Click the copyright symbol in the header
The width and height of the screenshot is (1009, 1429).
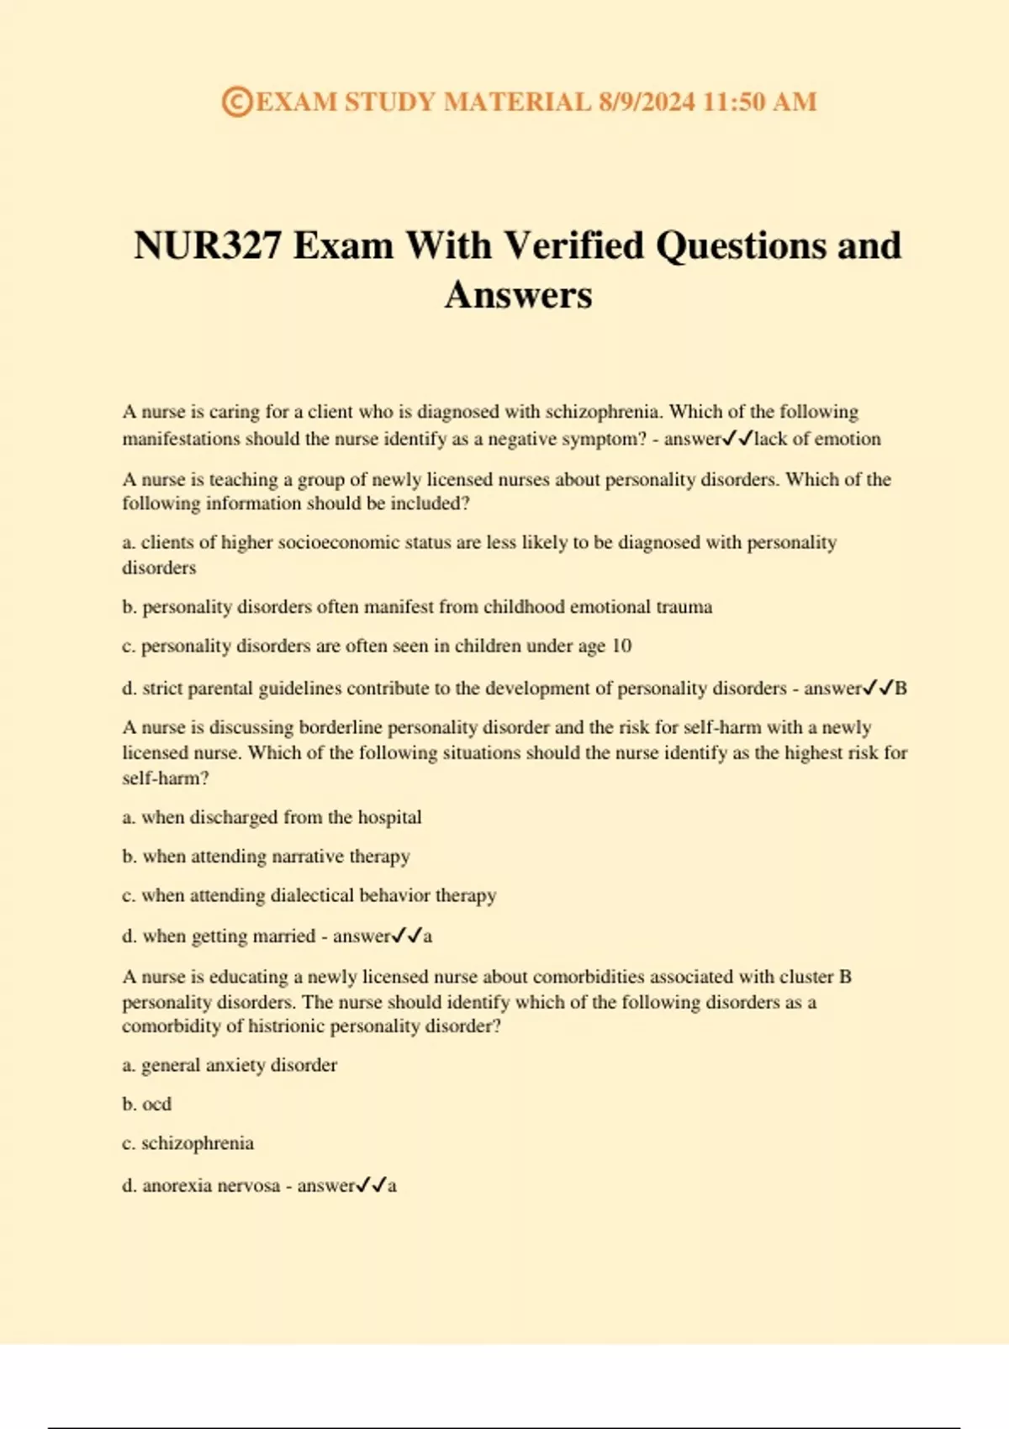coord(237,103)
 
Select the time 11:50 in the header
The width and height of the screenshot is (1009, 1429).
coord(733,103)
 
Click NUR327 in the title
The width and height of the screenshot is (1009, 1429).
coord(207,246)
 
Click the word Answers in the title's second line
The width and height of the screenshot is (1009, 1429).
coord(518,295)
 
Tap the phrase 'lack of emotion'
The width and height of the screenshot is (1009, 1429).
coord(817,439)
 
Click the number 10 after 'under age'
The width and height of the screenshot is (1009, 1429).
coord(621,646)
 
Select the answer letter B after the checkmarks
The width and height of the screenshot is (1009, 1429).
coord(901,688)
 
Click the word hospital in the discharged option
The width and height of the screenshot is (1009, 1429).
coord(389,817)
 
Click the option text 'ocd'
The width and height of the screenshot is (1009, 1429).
coord(156,1105)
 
